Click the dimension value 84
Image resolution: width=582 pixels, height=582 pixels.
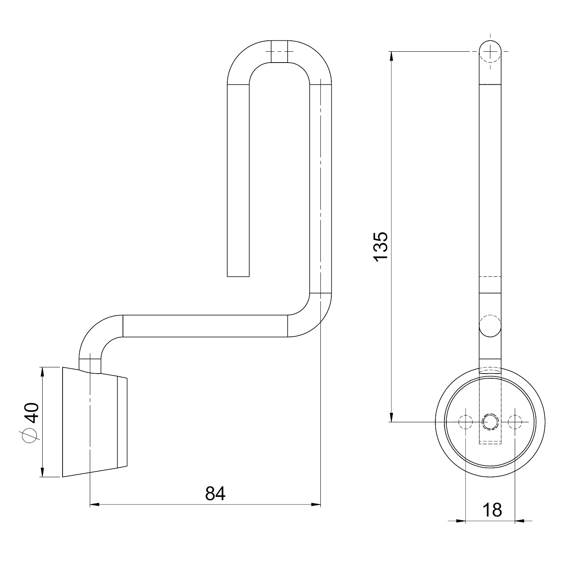(215, 494)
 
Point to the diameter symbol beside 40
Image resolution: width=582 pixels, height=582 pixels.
(30, 435)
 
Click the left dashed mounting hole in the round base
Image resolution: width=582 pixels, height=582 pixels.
(466, 422)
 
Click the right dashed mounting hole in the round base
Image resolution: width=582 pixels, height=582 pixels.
(515, 422)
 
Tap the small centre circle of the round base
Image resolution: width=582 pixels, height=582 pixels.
(490, 422)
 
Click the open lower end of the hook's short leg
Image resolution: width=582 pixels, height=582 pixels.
(238, 276)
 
